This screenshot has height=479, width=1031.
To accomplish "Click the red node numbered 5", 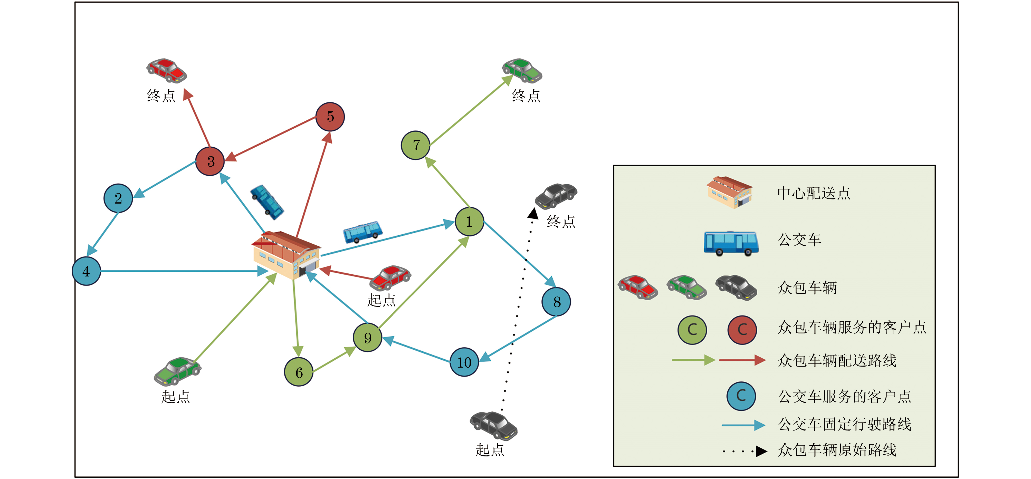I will pyautogui.click(x=330, y=117).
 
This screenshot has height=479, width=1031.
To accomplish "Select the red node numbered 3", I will pyautogui.click(x=210, y=161).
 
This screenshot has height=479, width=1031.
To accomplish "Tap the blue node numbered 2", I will pyautogui.click(x=118, y=198).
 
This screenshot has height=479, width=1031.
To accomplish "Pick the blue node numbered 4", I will pyautogui.click(x=86, y=271).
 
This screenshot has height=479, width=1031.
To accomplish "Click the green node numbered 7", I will pyautogui.click(x=415, y=145).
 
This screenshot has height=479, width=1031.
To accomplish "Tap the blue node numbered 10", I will pyautogui.click(x=464, y=362).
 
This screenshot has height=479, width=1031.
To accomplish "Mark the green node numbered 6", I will pyautogui.click(x=299, y=372).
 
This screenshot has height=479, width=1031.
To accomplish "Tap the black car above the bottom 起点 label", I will pyautogui.click(x=493, y=425).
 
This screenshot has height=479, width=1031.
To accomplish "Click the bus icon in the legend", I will pyautogui.click(x=731, y=243).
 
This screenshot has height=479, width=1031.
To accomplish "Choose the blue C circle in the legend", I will pyautogui.click(x=741, y=396).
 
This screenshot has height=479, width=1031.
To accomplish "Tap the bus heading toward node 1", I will pyautogui.click(x=362, y=232).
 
